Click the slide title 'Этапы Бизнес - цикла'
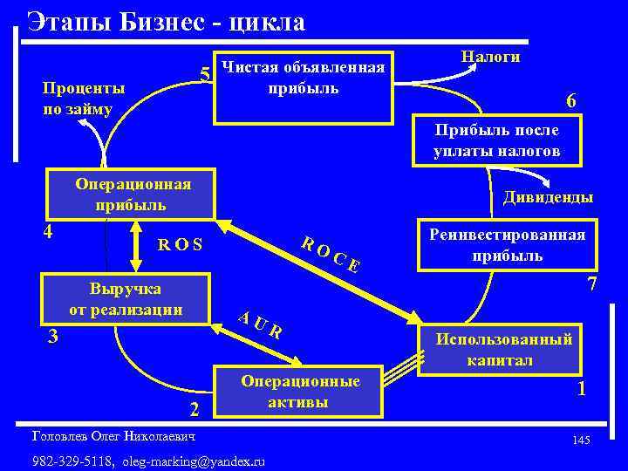pos(166,21)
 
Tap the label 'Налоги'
pos(491,57)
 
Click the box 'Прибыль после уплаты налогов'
pos(496,140)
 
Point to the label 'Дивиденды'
pos(548,197)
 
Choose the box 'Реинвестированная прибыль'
pos(508,245)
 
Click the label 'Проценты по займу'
pos(84,99)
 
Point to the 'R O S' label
pos(181,245)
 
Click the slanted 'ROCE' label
pos(331,253)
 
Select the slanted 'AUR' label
pos(261,324)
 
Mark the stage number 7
pos(591,284)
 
